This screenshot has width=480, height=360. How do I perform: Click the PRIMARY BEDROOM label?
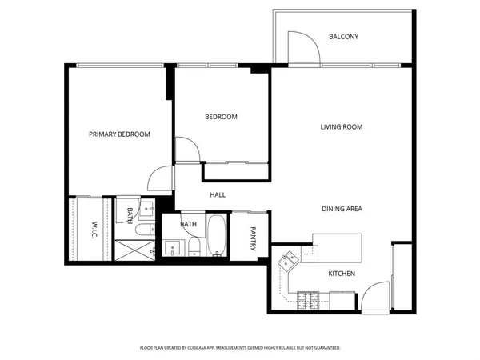click(x=119, y=134)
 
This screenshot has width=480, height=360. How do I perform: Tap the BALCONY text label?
click(x=343, y=37)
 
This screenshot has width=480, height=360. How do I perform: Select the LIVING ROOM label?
click(x=342, y=127)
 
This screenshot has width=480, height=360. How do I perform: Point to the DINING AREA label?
click(x=342, y=209)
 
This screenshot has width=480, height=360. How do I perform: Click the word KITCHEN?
click(x=342, y=274)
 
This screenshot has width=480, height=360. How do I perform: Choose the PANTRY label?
click(x=254, y=238)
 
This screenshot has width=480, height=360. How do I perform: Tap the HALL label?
click(x=218, y=194)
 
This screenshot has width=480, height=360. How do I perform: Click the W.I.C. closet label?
click(x=94, y=230)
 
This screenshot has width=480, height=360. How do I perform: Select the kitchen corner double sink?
click(x=288, y=259)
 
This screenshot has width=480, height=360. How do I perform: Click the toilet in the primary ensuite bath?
click(x=142, y=230)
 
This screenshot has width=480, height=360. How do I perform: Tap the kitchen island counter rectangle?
click(x=337, y=243)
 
